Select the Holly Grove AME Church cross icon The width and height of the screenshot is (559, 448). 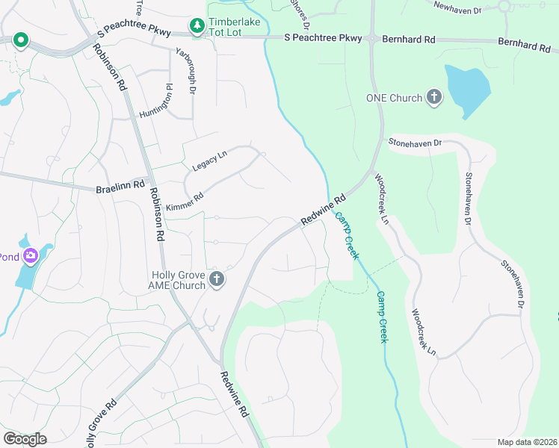(x=217, y=280)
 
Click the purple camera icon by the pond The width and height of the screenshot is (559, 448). (x=31, y=258)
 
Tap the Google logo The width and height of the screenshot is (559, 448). (x=25, y=438)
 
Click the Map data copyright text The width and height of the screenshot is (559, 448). (x=527, y=442)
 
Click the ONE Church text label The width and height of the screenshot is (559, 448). (x=394, y=98)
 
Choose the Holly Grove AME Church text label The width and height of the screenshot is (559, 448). (x=178, y=280)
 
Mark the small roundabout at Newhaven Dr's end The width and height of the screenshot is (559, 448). (x=504, y=5)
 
